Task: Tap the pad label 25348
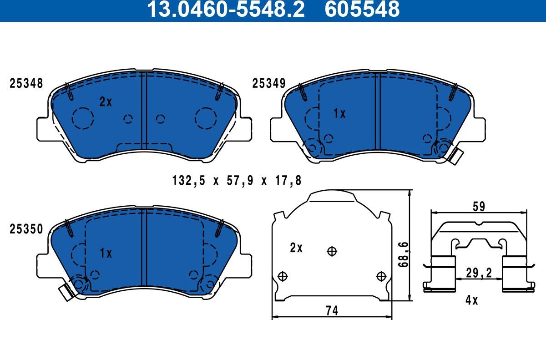(x=26, y=84)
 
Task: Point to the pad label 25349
(x=269, y=84)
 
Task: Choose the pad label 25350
(x=26, y=229)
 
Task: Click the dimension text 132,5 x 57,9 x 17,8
(x=237, y=181)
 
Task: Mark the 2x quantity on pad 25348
(x=106, y=102)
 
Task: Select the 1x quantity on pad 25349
(x=339, y=114)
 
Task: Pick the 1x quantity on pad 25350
(x=106, y=254)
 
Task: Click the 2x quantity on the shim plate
(x=296, y=248)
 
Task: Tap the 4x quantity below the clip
(x=471, y=300)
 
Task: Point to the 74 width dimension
(x=332, y=310)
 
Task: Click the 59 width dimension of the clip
(x=478, y=206)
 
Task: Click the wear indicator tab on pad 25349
(x=455, y=156)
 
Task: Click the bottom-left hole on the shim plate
(x=283, y=276)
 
